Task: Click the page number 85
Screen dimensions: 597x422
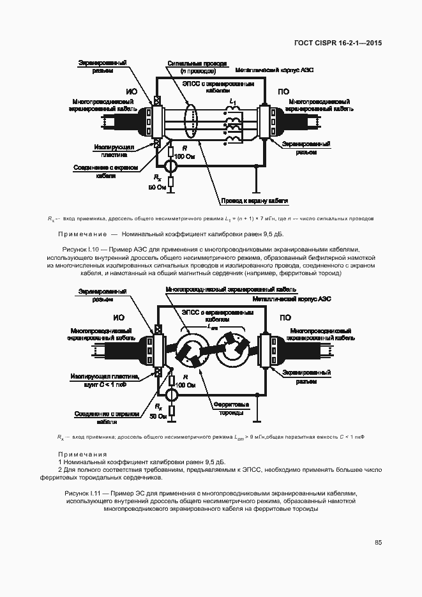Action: point(378,543)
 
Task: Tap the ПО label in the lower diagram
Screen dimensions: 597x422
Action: point(284,317)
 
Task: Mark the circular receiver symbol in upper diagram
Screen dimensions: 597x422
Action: point(170,167)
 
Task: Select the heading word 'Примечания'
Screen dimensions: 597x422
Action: point(82,454)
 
